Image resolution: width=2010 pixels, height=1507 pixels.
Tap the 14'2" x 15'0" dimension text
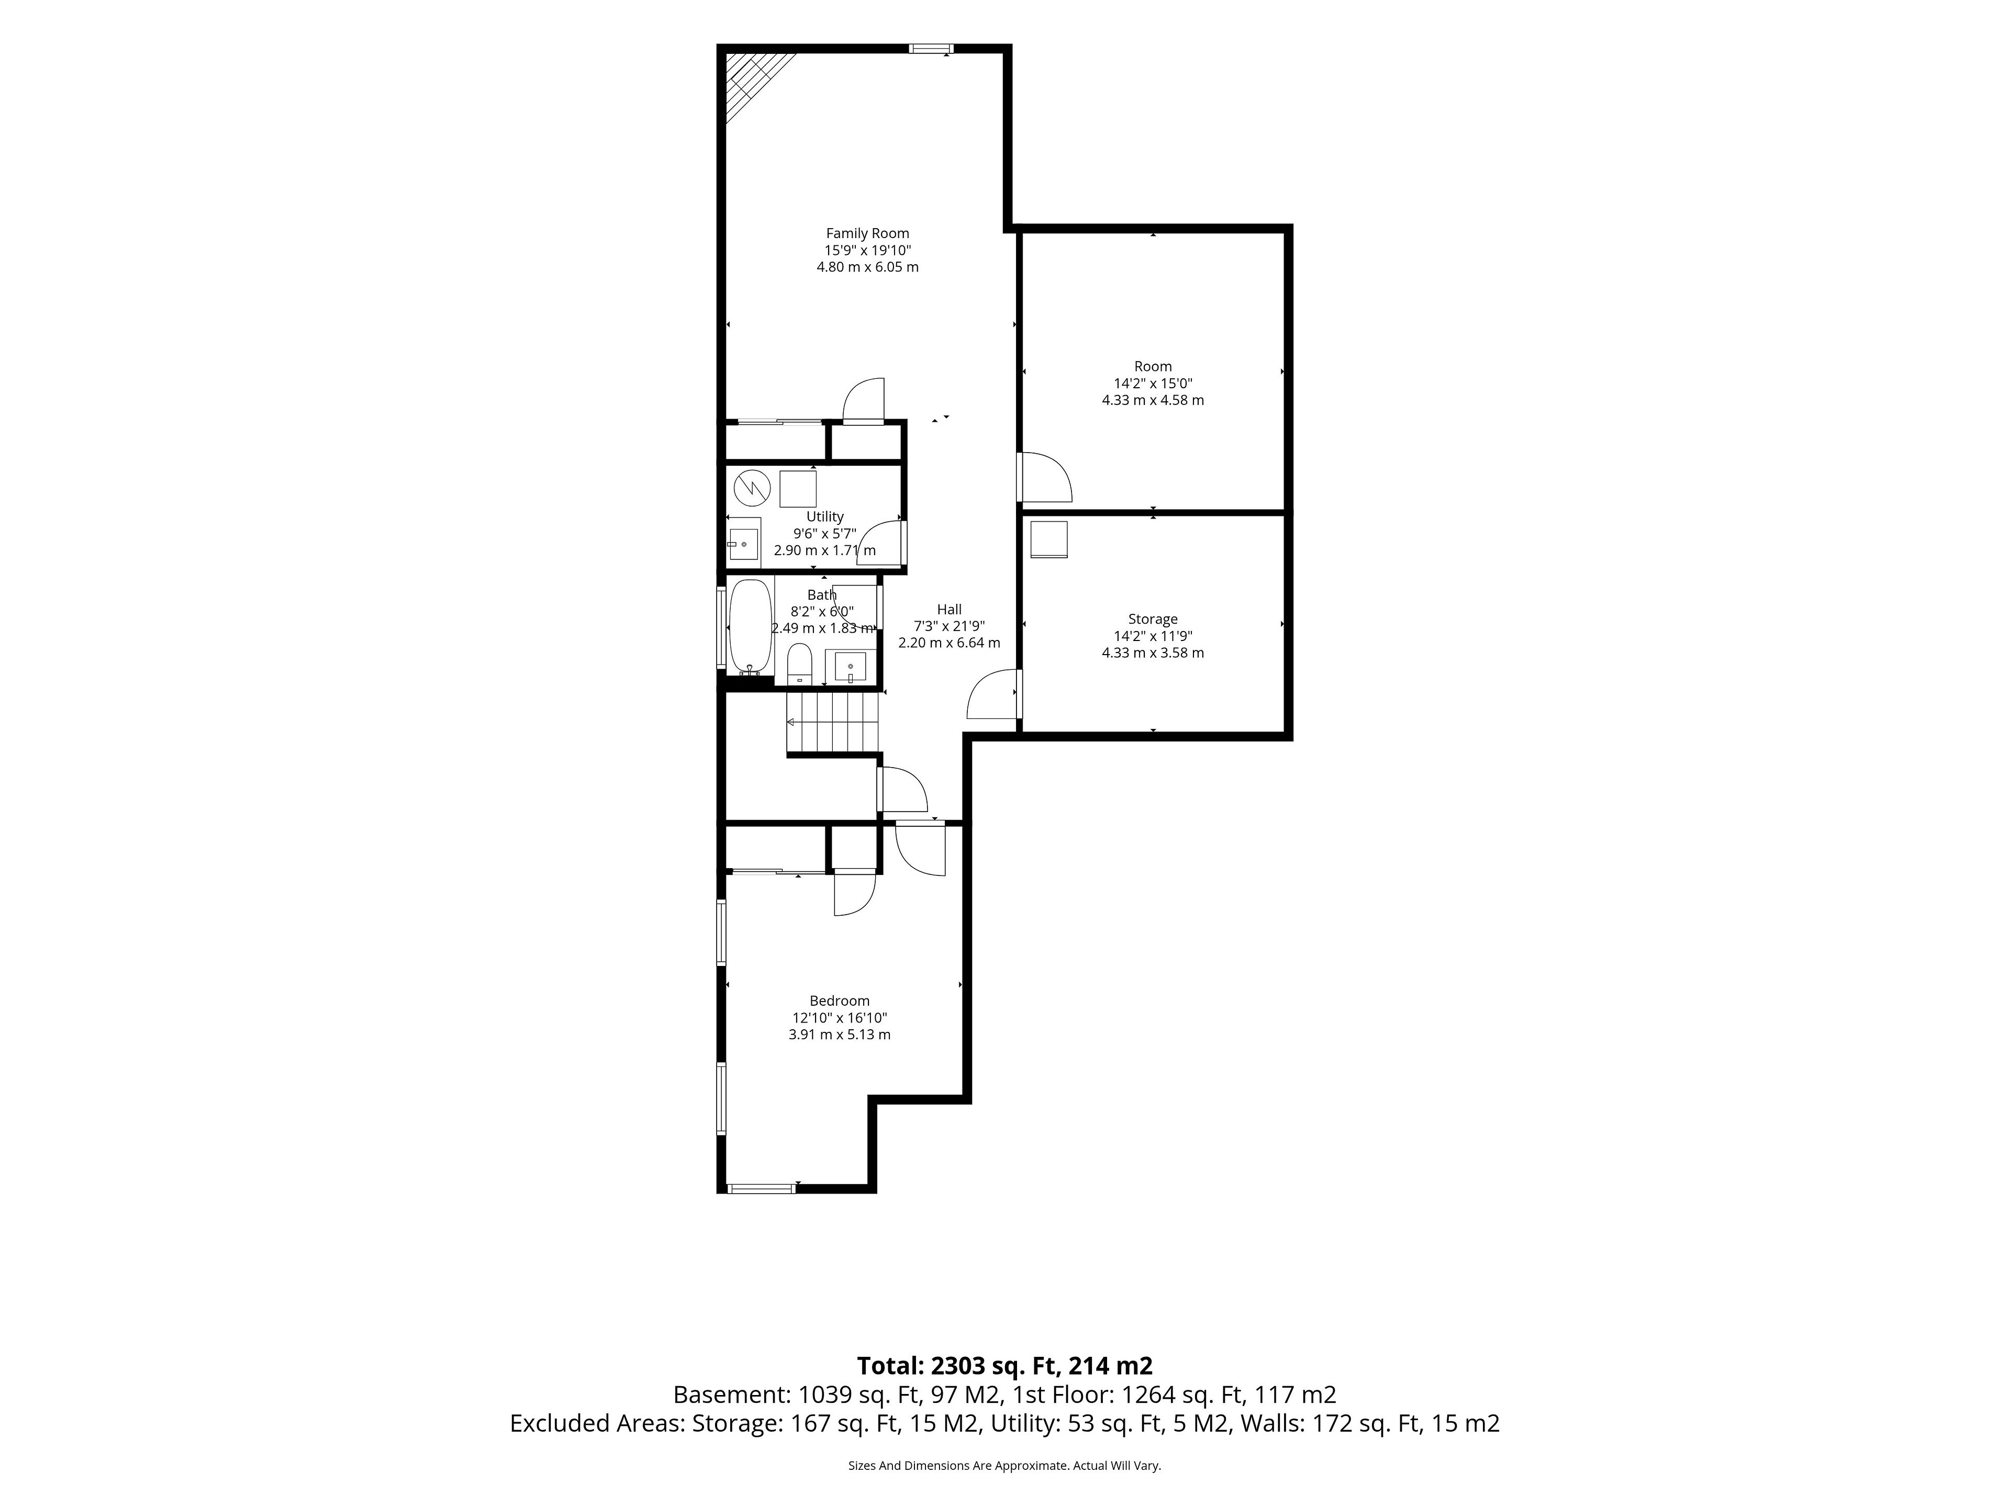(x=1153, y=384)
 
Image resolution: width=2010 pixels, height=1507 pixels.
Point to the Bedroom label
(x=840, y=1001)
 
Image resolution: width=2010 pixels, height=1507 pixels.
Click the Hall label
(x=950, y=610)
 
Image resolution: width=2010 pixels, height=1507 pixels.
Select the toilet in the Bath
(x=799, y=663)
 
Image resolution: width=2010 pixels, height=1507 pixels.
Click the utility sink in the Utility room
(x=744, y=543)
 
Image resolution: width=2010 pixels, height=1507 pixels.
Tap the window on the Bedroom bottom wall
(x=762, y=1188)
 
